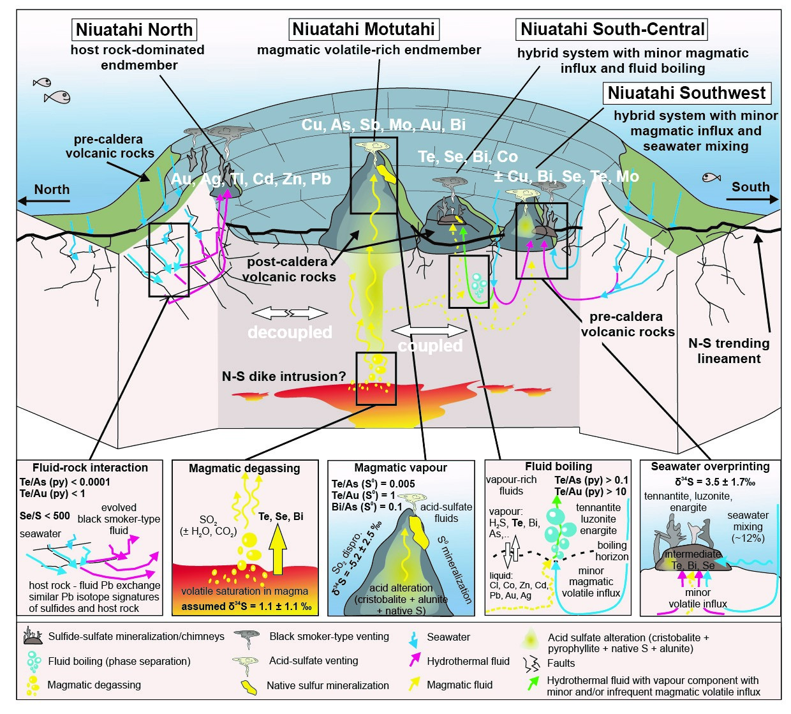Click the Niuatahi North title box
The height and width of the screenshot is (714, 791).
tap(134, 30)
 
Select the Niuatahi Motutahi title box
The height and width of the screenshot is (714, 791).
tap(363, 29)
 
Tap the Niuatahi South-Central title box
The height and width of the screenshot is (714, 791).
tap(612, 29)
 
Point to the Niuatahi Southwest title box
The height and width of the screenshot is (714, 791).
tap(686, 93)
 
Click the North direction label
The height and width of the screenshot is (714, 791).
tap(52, 190)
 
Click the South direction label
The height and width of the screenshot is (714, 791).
tap(750, 187)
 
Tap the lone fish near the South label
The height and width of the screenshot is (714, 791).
tap(711, 177)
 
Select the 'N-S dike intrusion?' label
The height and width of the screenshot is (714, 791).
tap(284, 376)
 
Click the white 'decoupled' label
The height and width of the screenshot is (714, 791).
tap(290, 332)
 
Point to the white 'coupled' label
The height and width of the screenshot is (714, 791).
tap(430, 346)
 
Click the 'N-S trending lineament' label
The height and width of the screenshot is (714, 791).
tap(728, 351)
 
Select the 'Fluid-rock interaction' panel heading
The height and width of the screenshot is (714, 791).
tap(90, 468)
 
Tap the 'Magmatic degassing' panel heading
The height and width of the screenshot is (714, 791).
tap(244, 468)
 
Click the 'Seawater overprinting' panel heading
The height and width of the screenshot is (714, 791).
tap(710, 466)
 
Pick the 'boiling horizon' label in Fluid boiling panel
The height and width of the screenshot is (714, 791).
tap(612, 551)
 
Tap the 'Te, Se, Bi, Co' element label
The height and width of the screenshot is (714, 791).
tap(468, 157)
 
